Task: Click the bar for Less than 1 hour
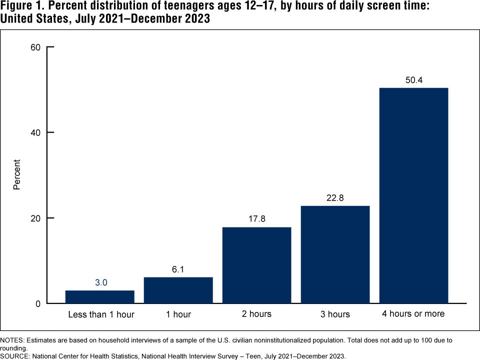pos(100,297)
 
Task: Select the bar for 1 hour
pos(178,290)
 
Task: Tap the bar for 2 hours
pos(256,265)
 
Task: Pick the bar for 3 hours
pos(335,254)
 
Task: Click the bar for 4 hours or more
pos(413,195)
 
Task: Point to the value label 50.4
pos(413,80)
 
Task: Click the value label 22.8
pos(335,198)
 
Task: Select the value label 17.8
pos(256,219)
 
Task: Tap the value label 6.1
pos(178,269)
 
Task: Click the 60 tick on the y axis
pos(36,47)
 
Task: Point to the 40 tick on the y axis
pos(36,132)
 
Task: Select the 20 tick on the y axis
pos(36,218)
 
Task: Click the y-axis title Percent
pos(17,174)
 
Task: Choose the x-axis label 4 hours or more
pos(413,314)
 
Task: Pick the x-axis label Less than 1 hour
pos(101,314)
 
